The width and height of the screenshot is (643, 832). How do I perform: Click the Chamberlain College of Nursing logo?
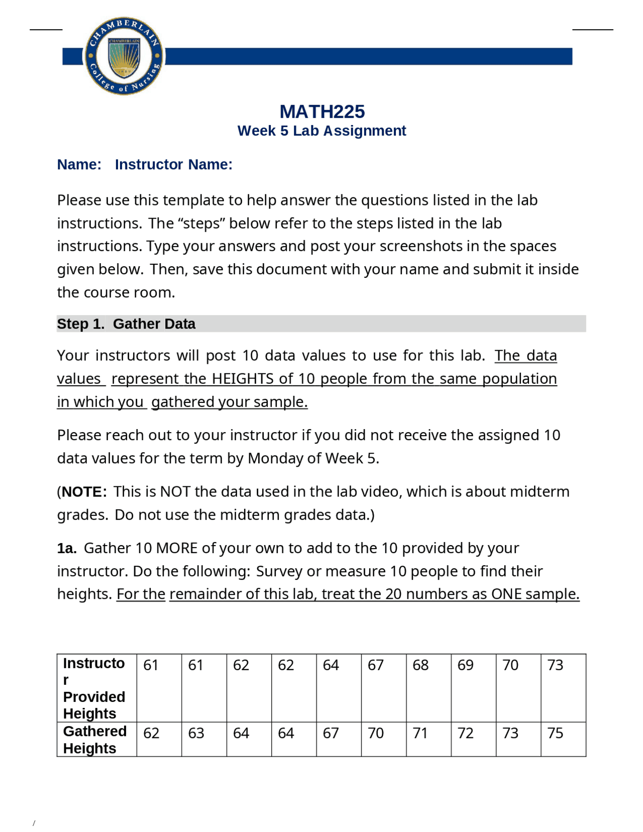[124, 56]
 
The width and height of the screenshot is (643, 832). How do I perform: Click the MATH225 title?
[322, 112]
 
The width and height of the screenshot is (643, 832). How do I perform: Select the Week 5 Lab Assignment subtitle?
[321, 131]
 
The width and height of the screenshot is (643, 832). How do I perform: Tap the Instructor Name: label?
[173, 164]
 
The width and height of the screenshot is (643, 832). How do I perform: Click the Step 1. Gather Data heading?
[126, 324]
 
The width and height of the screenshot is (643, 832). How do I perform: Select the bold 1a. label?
[66, 548]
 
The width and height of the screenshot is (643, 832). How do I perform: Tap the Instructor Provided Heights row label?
[94, 688]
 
